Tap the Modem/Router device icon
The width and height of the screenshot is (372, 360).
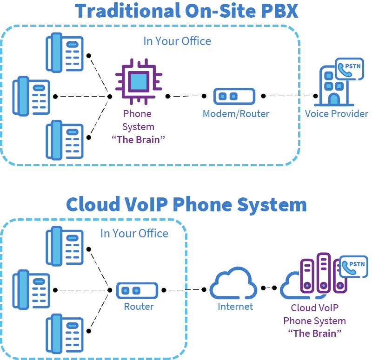(234, 96)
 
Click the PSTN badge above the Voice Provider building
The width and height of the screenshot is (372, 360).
(349, 69)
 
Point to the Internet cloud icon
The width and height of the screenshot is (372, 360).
(233, 283)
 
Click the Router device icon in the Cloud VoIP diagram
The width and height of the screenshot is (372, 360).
(137, 290)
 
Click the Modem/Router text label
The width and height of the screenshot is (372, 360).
(236, 114)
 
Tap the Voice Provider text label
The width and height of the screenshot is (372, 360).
(337, 114)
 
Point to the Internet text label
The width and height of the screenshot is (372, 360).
(235, 307)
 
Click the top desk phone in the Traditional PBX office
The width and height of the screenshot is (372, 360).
(65, 52)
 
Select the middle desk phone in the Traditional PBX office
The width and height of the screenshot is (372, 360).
(31, 96)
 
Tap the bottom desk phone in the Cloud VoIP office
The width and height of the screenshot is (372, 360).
(65, 334)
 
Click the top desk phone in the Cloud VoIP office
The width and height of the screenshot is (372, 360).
(65, 246)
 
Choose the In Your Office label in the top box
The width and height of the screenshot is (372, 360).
(177, 41)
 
